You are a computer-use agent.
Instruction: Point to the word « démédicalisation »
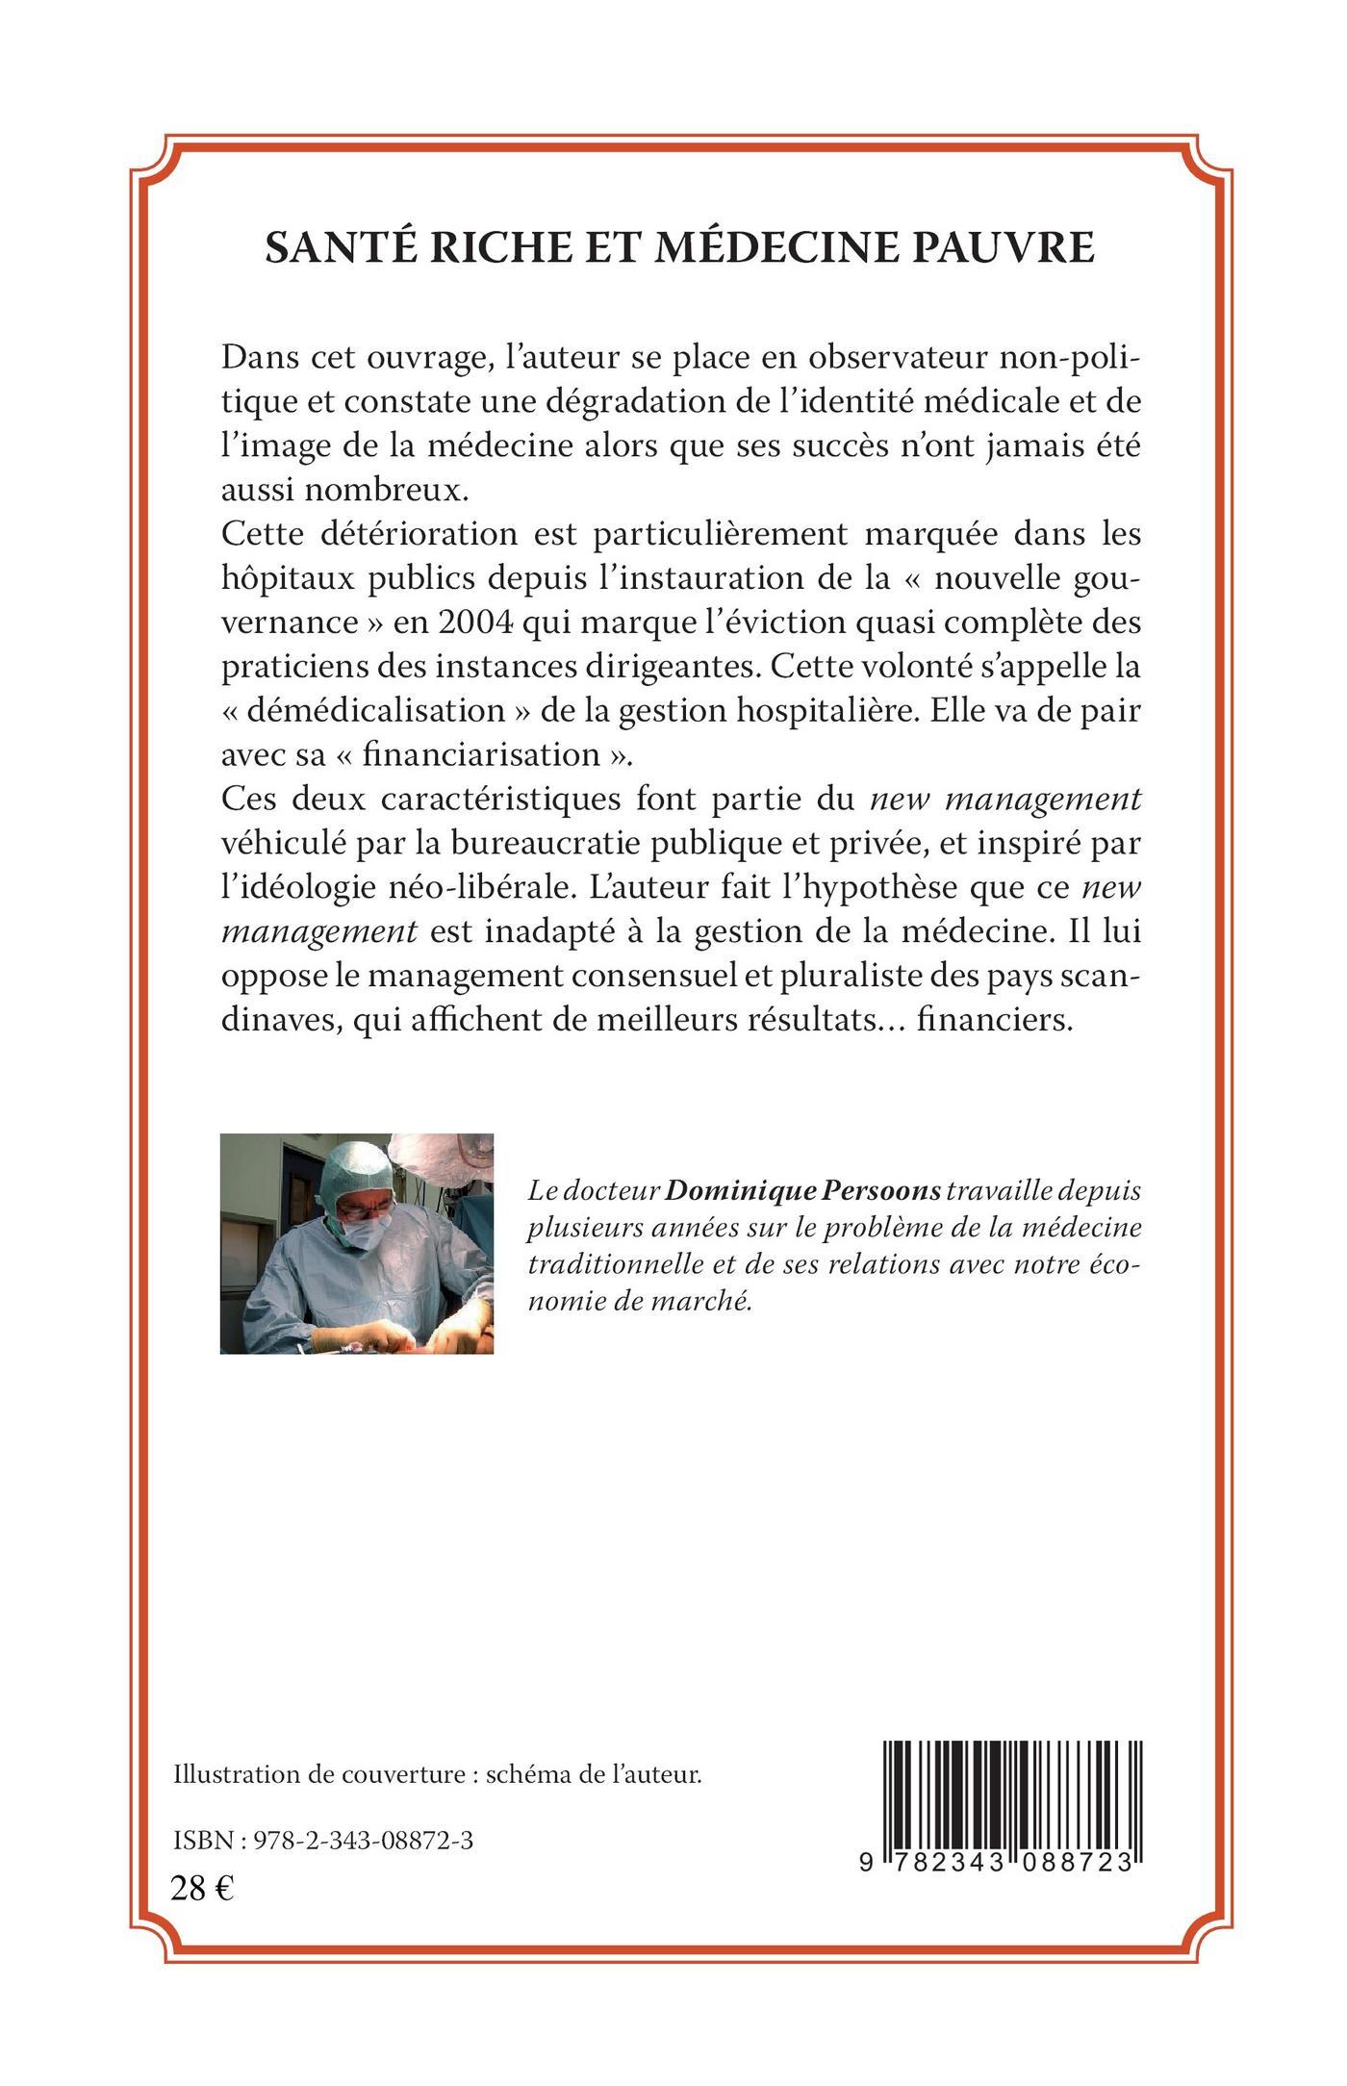point(364,711)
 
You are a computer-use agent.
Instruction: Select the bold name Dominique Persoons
point(803,1191)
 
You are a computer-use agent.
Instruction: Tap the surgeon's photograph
point(357,1243)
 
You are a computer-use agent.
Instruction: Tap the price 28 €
point(202,1889)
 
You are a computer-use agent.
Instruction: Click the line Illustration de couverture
point(437,1776)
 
